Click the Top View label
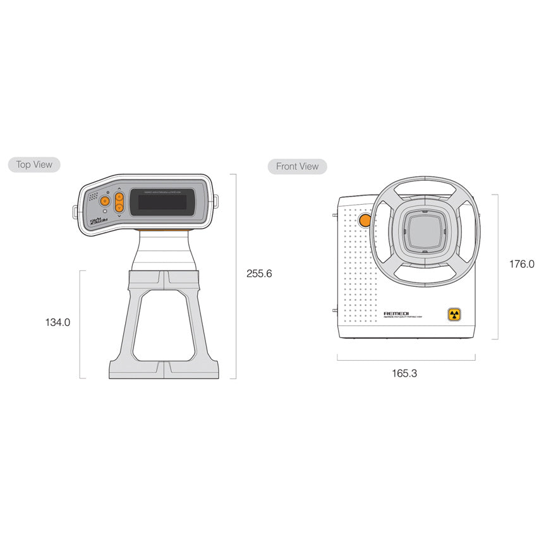coord(34,165)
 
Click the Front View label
coord(297,167)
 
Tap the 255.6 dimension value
coord(259,274)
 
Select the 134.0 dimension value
coord(58,322)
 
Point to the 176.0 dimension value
coord(521,264)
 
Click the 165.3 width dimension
coord(404,373)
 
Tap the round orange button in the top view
coord(105,202)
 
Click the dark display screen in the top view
coord(162,203)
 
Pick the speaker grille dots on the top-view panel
coord(93,197)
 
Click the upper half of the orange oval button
coord(119,197)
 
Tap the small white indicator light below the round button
coord(105,212)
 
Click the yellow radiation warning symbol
coord(454,314)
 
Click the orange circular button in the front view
coord(365,220)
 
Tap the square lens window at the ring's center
coord(425,229)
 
